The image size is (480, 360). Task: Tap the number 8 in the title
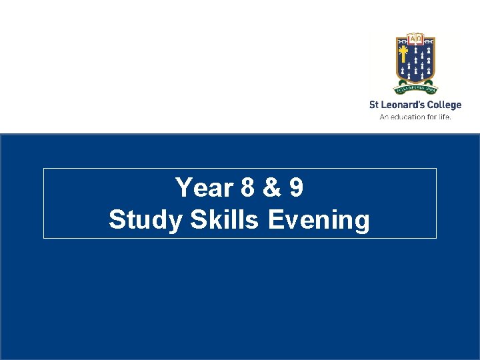[x=248, y=188]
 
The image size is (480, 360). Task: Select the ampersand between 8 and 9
[x=271, y=188]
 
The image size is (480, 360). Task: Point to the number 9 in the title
[x=295, y=188]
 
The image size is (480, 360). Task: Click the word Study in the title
[x=146, y=220]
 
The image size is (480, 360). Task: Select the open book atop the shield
[x=415, y=38]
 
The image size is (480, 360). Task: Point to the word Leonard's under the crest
[x=403, y=105]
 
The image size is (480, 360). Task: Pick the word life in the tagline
[x=445, y=116]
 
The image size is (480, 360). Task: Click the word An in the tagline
[x=383, y=116]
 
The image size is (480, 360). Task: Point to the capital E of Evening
[x=274, y=220]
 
